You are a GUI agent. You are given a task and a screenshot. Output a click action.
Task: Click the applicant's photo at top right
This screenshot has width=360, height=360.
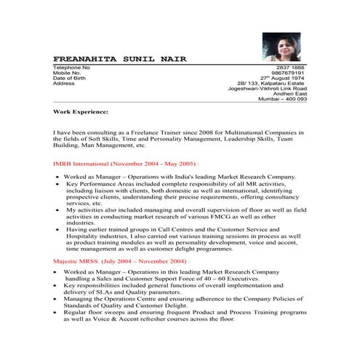pyautogui.click(x=280, y=47)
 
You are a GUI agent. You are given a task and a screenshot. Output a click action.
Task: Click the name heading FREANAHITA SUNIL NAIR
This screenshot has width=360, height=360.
pyautogui.click(x=119, y=57)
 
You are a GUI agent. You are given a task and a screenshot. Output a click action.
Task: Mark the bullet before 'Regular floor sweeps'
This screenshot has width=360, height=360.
pyautogui.click(x=56, y=312)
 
